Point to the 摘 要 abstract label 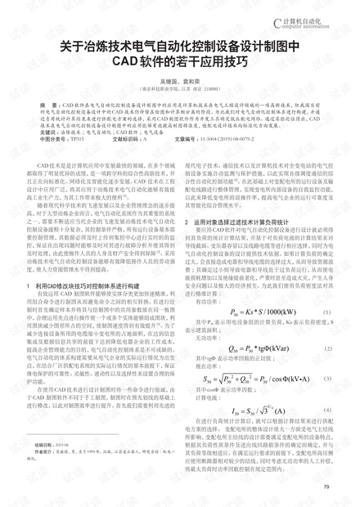coord(48,106)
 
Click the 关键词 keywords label coord(48,131)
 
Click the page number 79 coord(326,487)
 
